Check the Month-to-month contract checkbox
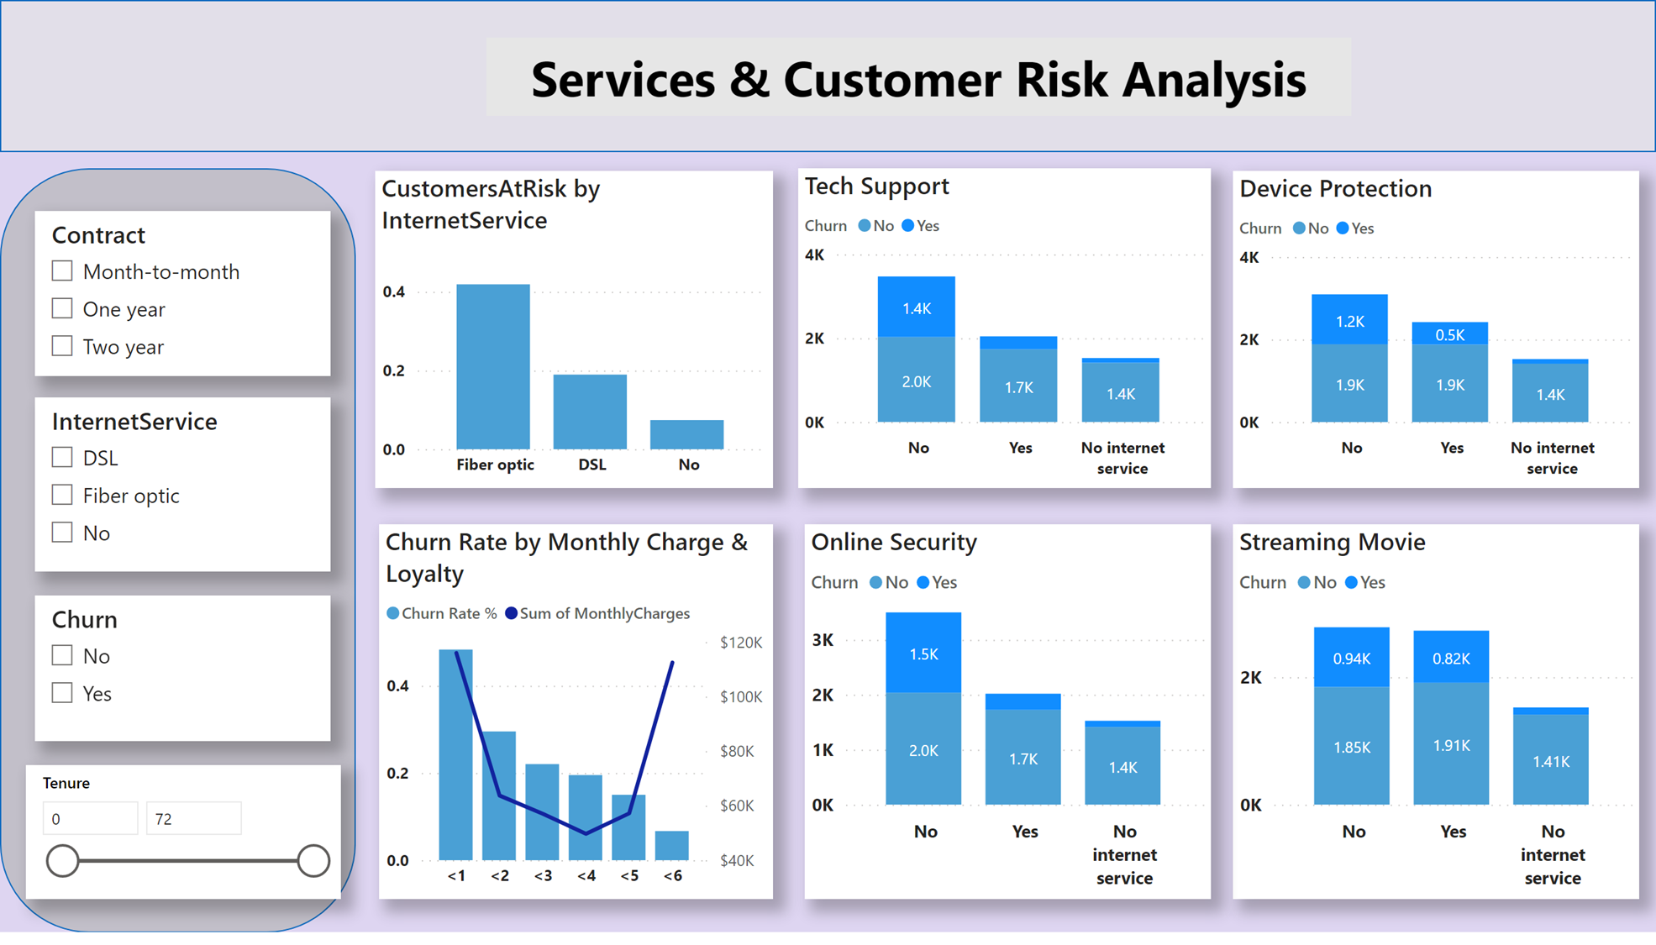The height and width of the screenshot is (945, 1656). click(62, 271)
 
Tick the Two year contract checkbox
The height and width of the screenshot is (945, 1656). click(62, 346)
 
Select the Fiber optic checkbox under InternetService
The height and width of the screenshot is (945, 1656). click(62, 495)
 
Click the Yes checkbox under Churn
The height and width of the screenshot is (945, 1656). click(62, 693)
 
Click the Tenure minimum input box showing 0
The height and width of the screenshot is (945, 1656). click(90, 818)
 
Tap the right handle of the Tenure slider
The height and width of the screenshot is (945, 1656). click(313, 860)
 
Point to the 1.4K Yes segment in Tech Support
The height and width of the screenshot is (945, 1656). click(917, 307)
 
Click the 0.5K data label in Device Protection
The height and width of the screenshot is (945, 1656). click(1450, 334)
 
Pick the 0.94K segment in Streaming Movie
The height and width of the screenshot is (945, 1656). click(1352, 658)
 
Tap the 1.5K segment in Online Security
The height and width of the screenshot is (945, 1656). click(923, 654)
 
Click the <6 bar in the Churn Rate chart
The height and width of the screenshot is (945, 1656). click(672, 845)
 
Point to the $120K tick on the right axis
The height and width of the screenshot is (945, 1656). click(741, 643)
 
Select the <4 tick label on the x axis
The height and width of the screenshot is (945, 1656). click(586, 875)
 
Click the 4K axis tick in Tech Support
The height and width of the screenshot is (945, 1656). click(814, 255)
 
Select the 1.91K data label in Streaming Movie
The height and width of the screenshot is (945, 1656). click(1452, 745)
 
